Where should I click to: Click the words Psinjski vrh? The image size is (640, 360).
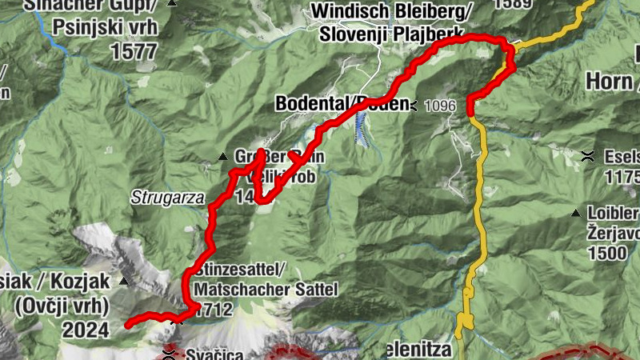coord(106,27)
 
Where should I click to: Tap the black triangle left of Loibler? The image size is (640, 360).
coord(575,213)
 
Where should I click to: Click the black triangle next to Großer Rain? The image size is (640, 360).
coord(223,156)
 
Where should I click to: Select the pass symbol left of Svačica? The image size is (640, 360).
coord(169,352)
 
